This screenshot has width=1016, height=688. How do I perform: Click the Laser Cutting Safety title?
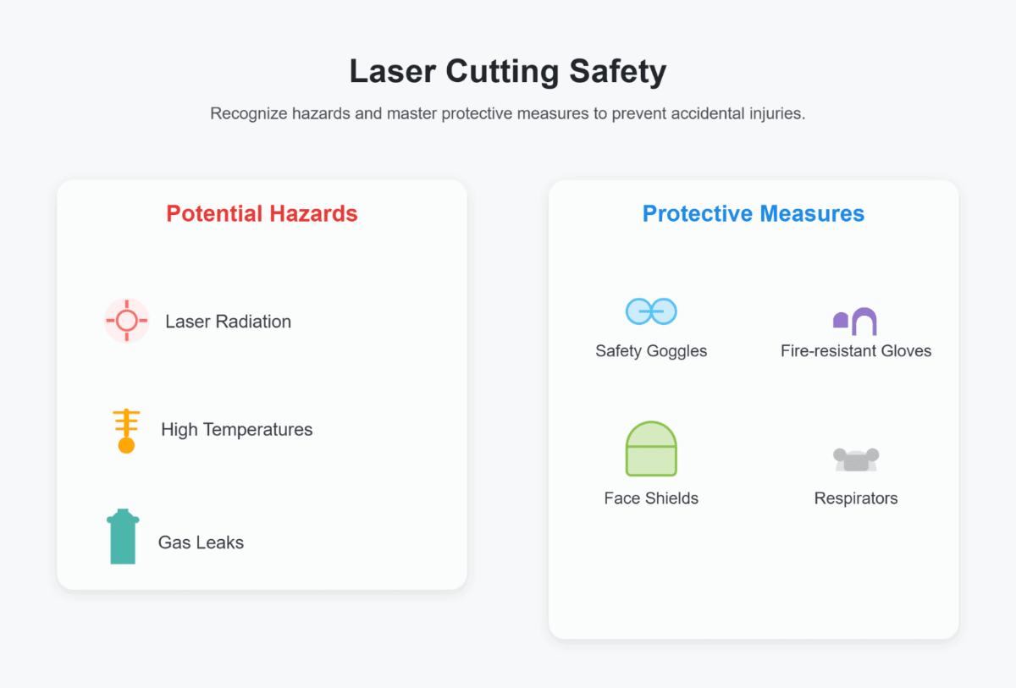[x=508, y=71]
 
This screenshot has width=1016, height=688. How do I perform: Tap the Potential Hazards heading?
[x=262, y=213]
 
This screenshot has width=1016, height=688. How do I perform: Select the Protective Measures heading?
[x=754, y=213]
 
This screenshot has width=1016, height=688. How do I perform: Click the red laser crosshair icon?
[x=126, y=321]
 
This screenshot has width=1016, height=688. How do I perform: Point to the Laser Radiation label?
[x=228, y=322]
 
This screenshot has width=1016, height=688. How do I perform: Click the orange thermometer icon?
[x=126, y=431]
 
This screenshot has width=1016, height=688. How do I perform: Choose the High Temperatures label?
[x=236, y=430]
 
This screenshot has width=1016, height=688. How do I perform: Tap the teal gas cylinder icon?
[x=123, y=537]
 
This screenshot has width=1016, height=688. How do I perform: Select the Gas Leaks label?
[x=201, y=542]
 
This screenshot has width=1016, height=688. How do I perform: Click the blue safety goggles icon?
[x=651, y=311]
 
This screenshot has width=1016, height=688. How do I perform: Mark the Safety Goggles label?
[x=651, y=350]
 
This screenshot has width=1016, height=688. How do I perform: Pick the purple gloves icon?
[x=855, y=321]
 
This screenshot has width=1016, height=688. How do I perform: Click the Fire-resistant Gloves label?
[x=855, y=350]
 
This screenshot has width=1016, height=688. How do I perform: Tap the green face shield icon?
[x=651, y=449]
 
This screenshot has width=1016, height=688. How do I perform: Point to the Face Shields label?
[x=651, y=498]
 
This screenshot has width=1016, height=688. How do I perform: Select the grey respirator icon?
[x=856, y=460]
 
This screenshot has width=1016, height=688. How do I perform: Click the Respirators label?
[x=855, y=498]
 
